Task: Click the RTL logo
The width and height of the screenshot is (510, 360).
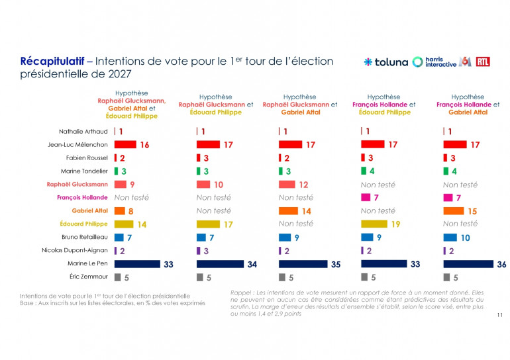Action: (483, 62)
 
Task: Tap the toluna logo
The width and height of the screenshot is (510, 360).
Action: (385, 62)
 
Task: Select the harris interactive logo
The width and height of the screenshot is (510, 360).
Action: (434, 62)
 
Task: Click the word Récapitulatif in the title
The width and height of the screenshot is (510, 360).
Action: (52, 61)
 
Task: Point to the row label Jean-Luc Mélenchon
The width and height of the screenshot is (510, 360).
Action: (77, 144)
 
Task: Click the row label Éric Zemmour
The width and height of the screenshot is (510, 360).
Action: (89, 277)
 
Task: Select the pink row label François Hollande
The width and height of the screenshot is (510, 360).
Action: (82, 198)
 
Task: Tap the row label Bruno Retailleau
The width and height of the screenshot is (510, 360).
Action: (85, 237)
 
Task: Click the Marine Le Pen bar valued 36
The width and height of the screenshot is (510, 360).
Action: (468, 264)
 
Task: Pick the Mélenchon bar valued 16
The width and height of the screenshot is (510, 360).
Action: (125, 144)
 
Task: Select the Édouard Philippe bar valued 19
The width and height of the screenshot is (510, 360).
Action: (374, 224)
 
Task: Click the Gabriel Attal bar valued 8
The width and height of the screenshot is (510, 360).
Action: (120, 211)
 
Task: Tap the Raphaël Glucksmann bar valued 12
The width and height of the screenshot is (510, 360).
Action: (287, 185)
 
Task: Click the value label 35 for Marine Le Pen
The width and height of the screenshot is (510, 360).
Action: (336, 265)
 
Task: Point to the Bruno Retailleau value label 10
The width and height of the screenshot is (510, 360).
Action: (466, 238)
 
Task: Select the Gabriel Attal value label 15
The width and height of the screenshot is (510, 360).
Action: (472, 211)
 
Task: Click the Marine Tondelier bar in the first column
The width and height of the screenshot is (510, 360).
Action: (116, 171)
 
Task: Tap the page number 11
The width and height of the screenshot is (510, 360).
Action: (500, 315)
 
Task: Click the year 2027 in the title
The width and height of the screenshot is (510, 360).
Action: (120, 73)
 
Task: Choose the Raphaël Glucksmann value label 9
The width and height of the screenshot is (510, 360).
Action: (132, 185)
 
